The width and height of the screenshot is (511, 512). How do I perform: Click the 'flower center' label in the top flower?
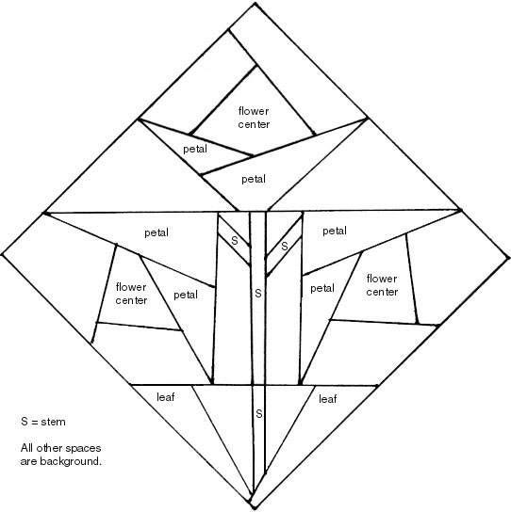[254, 118]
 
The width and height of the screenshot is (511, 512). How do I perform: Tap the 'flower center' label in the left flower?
[131, 294]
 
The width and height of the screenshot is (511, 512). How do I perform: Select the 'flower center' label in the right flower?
[382, 285]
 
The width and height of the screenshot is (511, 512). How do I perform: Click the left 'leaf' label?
[166, 397]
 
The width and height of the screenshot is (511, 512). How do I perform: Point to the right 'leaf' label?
[328, 399]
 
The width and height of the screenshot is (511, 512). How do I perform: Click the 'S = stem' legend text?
[43, 422]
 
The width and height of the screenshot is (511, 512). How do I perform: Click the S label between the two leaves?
[258, 414]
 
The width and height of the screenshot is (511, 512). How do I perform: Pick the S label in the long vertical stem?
[258, 294]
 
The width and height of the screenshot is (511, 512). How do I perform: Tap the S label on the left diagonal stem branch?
[235, 241]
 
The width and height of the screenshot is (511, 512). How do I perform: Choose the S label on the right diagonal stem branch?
[285, 246]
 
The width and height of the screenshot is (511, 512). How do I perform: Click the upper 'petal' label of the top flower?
[195, 150]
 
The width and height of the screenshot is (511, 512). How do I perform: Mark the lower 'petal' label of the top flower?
[254, 179]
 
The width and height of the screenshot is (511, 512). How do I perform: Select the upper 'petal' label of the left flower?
[157, 233]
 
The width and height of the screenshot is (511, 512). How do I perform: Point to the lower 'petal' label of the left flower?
[186, 296]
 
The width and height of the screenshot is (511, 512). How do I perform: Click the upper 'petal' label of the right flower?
[335, 232]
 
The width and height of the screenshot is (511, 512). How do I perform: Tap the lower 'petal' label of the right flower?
[322, 289]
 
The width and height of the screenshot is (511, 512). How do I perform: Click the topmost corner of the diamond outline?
[255, 3]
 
